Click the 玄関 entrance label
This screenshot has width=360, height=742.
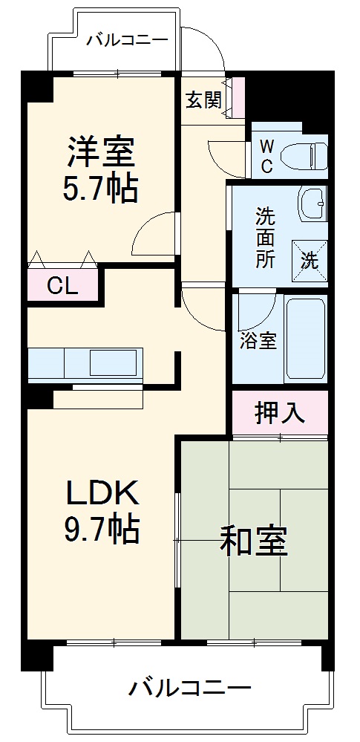[x=203, y=100]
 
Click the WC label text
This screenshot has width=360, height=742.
[x=266, y=156]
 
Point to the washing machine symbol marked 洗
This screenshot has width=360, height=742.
[x=308, y=259]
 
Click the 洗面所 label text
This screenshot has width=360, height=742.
[x=266, y=238]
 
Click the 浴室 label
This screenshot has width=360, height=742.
[x=258, y=342]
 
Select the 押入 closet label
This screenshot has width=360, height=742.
[x=279, y=412]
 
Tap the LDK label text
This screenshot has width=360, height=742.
[x=102, y=492]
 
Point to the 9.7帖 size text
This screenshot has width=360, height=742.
[x=102, y=529]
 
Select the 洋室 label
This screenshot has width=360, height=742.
[x=100, y=152]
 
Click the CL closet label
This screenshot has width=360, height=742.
[x=62, y=286]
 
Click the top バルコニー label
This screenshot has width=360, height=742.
[x=126, y=39]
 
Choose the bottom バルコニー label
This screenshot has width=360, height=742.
[x=189, y=687]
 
